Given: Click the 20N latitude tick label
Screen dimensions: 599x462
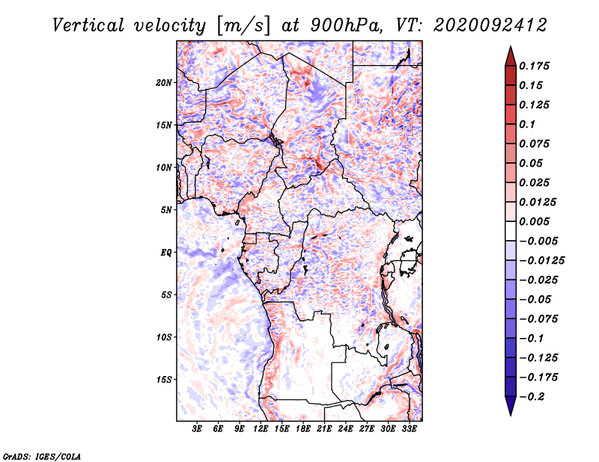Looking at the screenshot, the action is (x=164, y=83).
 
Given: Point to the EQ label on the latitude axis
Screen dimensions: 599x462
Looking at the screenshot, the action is (x=166, y=253).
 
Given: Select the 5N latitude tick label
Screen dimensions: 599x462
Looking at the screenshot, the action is (x=166, y=210).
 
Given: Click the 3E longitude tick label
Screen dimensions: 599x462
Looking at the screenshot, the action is (x=197, y=429).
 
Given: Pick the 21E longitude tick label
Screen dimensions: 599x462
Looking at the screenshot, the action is (x=324, y=429).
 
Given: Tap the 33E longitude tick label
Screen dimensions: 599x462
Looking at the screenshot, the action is (x=409, y=429).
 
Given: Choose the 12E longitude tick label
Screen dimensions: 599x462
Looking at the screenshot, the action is (x=261, y=429).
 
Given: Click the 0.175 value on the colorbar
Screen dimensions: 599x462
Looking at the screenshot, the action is (x=534, y=66).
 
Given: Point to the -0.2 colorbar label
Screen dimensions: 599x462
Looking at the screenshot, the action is (x=532, y=397).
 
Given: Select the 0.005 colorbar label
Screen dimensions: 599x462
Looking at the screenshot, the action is (x=534, y=221).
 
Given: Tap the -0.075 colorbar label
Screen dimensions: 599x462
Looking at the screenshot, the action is (x=538, y=319).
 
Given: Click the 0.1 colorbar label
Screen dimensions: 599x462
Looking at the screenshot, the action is (x=527, y=124).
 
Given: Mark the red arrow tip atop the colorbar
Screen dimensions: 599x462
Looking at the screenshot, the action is (x=511, y=46).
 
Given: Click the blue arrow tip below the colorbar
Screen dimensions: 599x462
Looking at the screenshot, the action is (x=511, y=415).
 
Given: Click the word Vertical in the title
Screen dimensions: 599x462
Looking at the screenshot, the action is (x=88, y=25).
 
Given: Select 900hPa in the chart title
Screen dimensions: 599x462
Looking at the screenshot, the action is (x=346, y=25).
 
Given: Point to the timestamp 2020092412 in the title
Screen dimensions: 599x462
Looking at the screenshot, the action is (x=490, y=25).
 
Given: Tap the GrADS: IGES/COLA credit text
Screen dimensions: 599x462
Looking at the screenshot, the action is (x=42, y=457).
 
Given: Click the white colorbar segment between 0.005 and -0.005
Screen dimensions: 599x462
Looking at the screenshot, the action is (x=511, y=231).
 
